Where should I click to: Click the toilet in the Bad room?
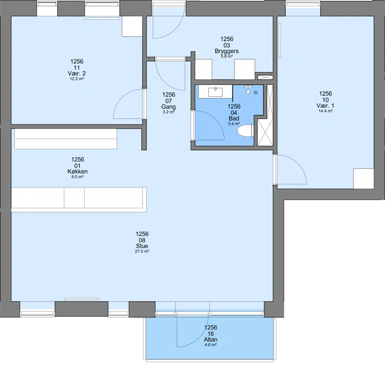[x=245, y=130]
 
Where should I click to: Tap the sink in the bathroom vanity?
[x=215, y=92]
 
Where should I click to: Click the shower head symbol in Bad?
[x=248, y=89]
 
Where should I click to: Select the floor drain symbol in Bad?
[x=256, y=92]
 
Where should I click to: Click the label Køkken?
[x=77, y=171]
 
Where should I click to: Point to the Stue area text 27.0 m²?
[x=142, y=252]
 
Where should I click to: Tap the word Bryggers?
[x=227, y=51]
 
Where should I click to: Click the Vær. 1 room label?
[x=325, y=105]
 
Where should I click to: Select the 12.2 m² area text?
[x=77, y=79]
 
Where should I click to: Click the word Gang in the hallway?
[x=168, y=106]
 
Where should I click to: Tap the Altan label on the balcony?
[x=210, y=340]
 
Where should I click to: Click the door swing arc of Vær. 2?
[x=123, y=97]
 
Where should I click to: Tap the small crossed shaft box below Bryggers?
[x=265, y=77]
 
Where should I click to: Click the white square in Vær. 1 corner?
[x=364, y=178]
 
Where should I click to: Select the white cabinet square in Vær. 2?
[x=132, y=26]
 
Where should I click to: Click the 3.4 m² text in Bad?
[x=234, y=124]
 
